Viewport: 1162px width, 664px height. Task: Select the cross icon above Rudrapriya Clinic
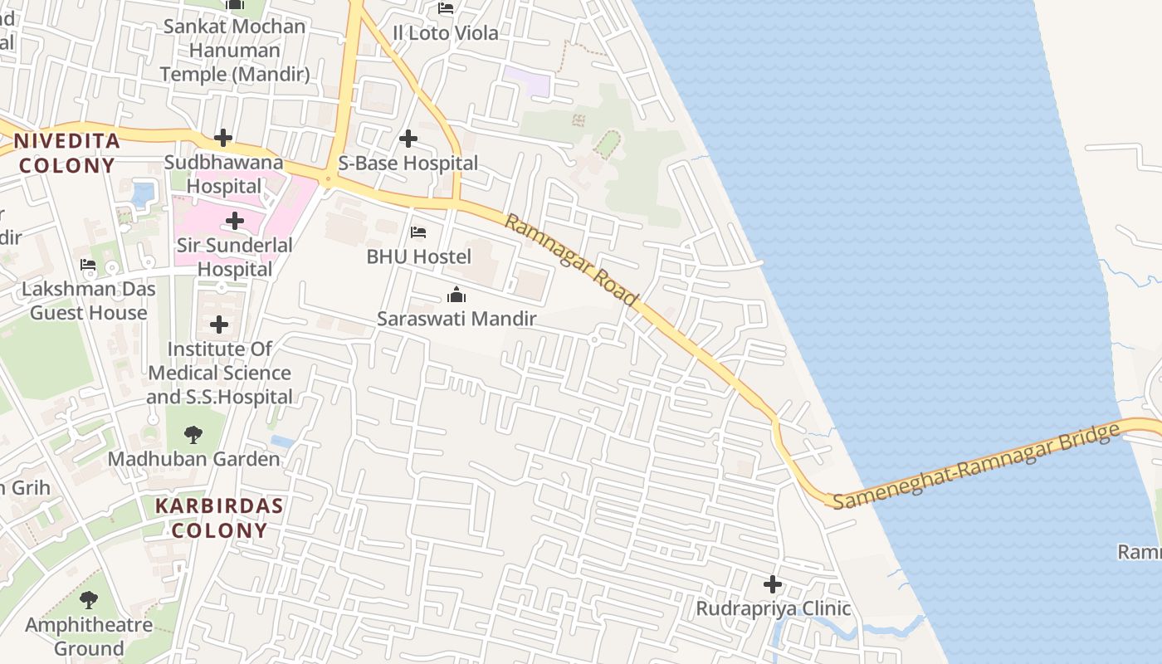coord(773,584)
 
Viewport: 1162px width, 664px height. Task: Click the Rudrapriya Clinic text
coord(773,608)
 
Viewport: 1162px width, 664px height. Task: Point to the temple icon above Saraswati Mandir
coord(456,295)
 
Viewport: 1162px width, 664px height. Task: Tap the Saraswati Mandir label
coord(456,319)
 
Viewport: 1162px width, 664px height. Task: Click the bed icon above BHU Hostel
coord(418,232)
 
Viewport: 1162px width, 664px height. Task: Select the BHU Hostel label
coord(418,256)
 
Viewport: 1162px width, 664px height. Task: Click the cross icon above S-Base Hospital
coord(408,139)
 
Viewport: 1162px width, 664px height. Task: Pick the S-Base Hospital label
coord(408,163)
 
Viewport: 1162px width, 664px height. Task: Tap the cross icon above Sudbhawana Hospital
coord(222,138)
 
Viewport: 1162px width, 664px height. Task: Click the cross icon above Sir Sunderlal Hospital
coord(235,221)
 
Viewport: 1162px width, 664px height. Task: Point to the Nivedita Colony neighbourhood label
coord(66,153)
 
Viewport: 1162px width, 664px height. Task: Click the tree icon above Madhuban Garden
coord(193,434)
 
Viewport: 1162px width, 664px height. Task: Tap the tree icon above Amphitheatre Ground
coord(89,600)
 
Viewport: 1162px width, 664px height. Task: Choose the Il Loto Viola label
coord(446,33)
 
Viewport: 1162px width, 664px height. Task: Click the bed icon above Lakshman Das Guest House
coord(88,266)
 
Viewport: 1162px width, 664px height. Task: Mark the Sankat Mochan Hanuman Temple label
coord(235,50)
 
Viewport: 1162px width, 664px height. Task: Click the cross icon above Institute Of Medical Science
coord(219,325)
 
